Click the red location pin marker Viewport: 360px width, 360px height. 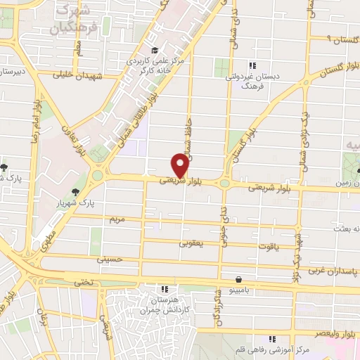click(180, 165)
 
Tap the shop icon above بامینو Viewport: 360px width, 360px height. click(239, 279)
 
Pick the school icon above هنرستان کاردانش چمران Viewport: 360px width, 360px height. click(165, 288)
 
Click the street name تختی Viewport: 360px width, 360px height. click(84, 282)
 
